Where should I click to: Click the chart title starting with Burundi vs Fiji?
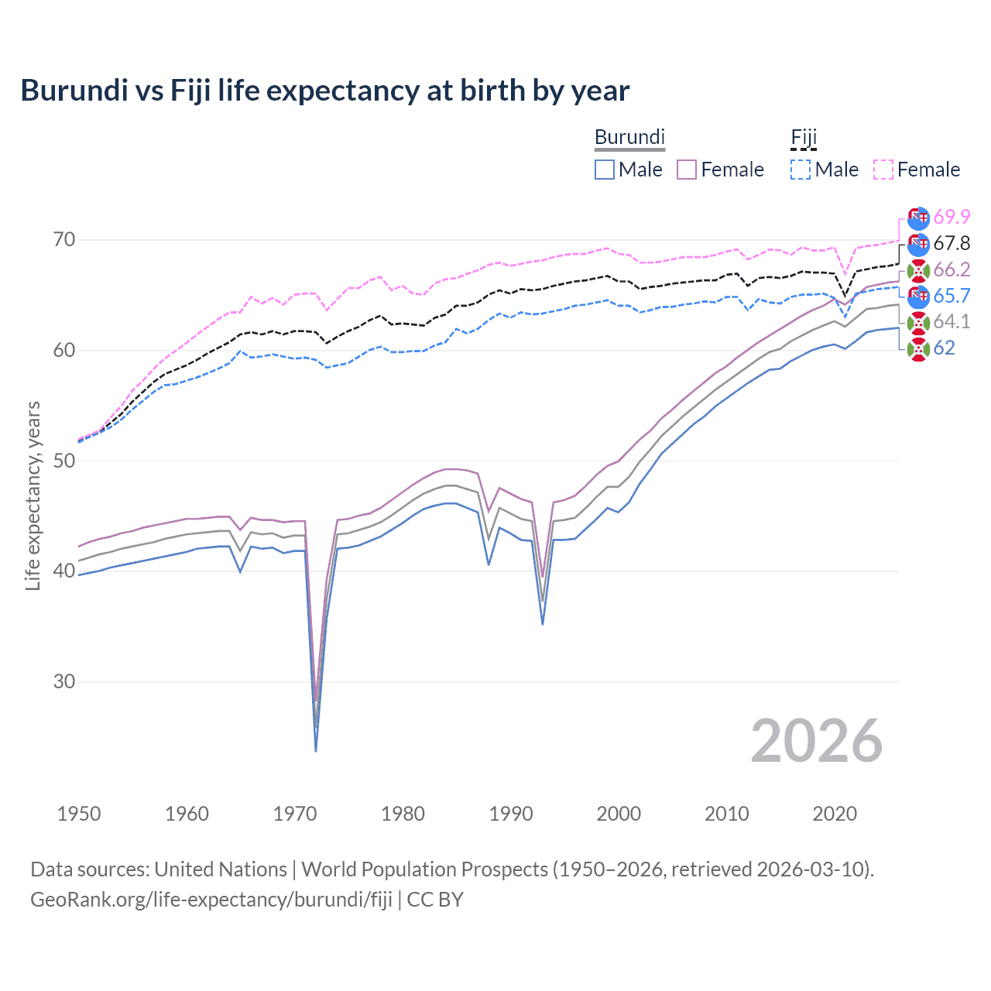(x=324, y=91)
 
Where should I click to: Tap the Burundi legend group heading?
(x=629, y=137)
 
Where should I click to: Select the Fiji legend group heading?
(x=804, y=137)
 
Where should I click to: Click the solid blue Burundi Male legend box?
(x=605, y=170)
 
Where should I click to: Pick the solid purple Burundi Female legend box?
(x=687, y=170)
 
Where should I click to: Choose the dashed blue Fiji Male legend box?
(x=801, y=170)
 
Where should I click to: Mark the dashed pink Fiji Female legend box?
(x=883, y=170)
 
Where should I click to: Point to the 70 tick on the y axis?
(x=64, y=240)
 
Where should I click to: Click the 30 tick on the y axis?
(x=64, y=681)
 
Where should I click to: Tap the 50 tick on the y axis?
(x=64, y=461)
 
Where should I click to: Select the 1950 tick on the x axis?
(x=79, y=814)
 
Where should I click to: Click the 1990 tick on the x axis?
(x=511, y=814)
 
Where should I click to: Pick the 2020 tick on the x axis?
(x=835, y=814)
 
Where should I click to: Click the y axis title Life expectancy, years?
(x=33, y=495)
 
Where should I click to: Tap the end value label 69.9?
(x=952, y=218)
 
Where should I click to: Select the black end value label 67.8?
(x=952, y=244)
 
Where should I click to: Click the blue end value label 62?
(x=944, y=348)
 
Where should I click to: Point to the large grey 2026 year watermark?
(x=817, y=741)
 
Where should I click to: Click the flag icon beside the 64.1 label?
(x=918, y=323)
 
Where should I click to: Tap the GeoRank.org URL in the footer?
(x=211, y=900)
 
